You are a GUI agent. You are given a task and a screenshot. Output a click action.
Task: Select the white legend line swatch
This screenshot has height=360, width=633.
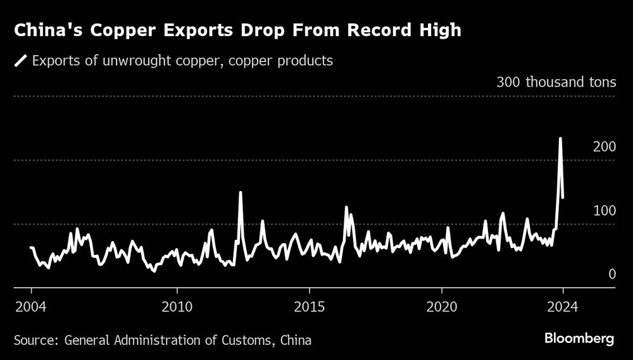click(20, 61)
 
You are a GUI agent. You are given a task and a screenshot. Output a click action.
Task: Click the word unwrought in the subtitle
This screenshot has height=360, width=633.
click(117, 61)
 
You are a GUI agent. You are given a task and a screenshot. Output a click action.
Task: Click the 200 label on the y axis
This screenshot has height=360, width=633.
click(604, 147)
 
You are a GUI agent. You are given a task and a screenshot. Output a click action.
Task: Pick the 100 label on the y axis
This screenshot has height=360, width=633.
click(604, 210)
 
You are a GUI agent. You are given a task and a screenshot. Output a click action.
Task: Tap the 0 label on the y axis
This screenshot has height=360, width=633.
click(612, 274)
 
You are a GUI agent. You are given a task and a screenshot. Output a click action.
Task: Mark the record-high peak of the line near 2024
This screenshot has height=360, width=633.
click(560, 138)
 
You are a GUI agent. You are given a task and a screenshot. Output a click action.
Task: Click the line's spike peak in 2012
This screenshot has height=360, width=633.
click(241, 192)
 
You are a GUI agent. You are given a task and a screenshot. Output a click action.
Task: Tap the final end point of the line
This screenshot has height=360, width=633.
click(563, 197)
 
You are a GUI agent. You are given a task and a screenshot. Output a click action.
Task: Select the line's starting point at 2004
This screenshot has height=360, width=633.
click(31, 247)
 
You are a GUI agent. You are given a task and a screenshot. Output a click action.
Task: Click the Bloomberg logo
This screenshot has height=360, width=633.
click(579, 339)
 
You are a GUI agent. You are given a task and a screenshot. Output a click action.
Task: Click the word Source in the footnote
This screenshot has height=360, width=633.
click(34, 341)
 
